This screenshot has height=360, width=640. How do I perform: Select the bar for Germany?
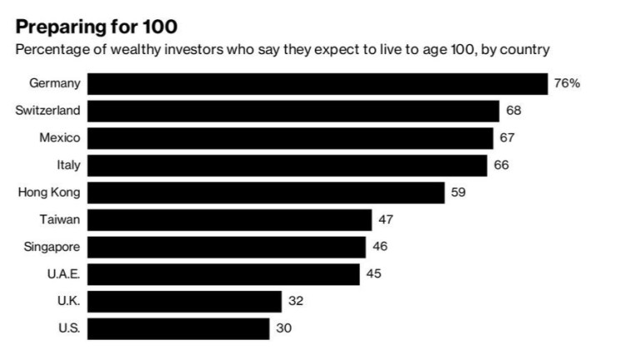(317, 84)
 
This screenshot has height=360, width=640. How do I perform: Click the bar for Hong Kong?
(266, 193)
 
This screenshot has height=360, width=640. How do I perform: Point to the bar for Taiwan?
(229, 220)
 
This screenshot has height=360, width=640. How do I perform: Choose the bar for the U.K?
(184, 301)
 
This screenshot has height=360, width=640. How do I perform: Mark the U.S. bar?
(178, 328)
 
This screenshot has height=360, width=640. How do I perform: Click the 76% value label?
(567, 84)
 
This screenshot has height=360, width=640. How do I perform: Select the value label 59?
(457, 193)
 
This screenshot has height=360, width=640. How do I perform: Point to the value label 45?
(373, 273)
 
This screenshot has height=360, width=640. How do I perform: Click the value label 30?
(283, 328)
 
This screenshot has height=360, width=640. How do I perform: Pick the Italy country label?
(68, 166)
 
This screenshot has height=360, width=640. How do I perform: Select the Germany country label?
(55, 84)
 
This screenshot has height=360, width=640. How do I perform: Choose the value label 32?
(295, 301)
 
